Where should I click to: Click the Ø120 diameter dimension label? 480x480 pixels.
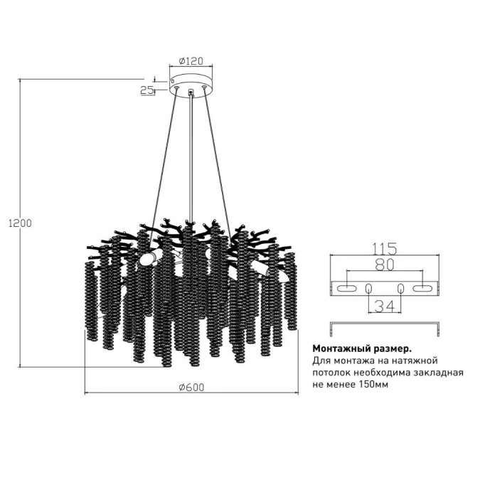tap(191, 61)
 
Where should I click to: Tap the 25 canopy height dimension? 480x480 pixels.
tap(147, 90)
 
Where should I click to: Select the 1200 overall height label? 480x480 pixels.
tap(20, 223)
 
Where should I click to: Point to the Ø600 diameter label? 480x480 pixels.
tap(191, 388)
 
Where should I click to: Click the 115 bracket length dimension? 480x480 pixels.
tap(385, 249)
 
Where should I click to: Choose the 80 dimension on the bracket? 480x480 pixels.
tap(384, 265)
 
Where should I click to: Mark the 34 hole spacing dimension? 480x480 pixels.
tap(385, 306)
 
